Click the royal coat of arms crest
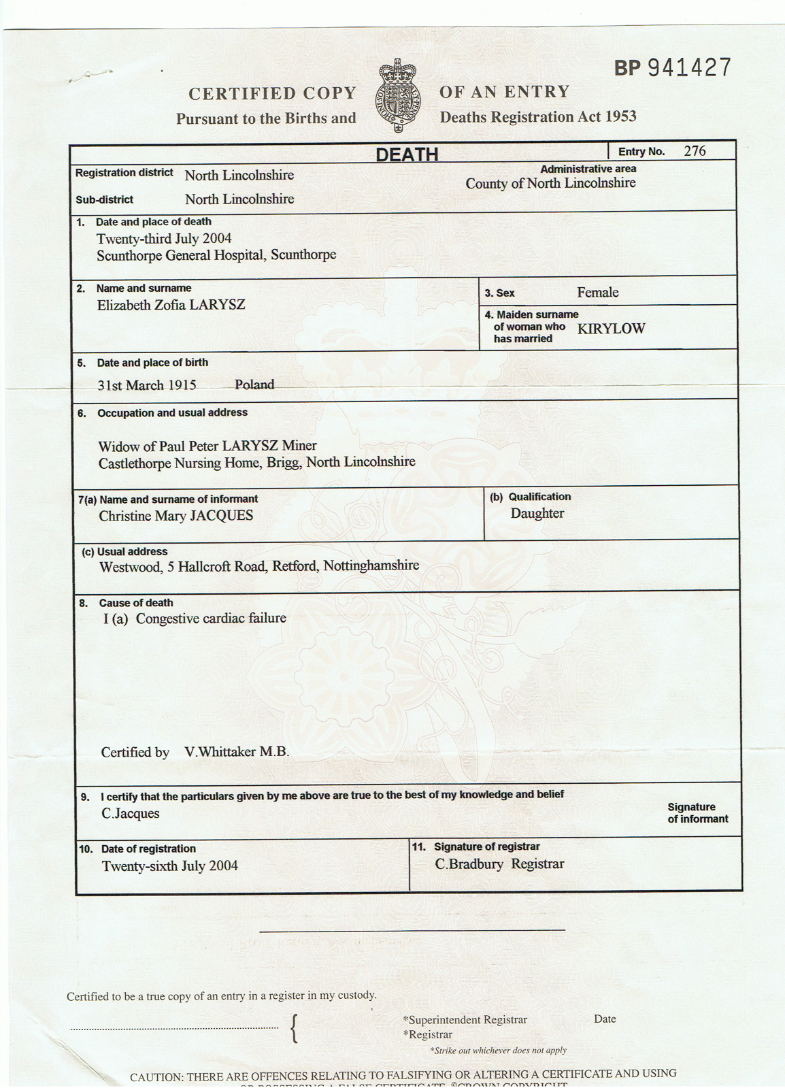click(x=399, y=95)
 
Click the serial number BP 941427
click(x=672, y=68)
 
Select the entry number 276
click(x=695, y=151)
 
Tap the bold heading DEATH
click(x=407, y=154)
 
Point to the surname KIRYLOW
click(x=611, y=329)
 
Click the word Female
click(x=597, y=293)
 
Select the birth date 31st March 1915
click(x=146, y=385)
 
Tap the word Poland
click(x=254, y=384)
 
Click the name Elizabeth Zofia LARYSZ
click(x=171, y=305)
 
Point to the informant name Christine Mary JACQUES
click(x=176, y=516)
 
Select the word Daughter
click(x=537, y=513)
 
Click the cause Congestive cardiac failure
click(x=211, y=619)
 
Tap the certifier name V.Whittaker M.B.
click(x=237, y=752)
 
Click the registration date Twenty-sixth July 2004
click(x=169, y=866)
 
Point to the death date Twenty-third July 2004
click(x=163, y=238)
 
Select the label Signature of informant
click(x=697, y=813)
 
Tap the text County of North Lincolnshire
click(x=550, y=183)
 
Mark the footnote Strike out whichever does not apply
click(x=498, y=1050)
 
